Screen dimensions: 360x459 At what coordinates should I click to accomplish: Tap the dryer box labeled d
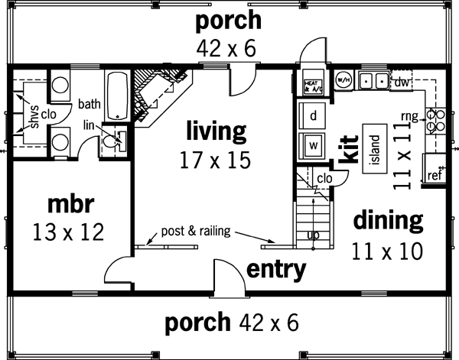[x=314, y=115]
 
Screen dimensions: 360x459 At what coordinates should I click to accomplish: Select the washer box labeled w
[x=314, y=144]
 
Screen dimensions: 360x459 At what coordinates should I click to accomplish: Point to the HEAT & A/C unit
[x=312, y=84]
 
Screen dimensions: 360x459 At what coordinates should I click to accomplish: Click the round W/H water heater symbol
[x=342, y=78]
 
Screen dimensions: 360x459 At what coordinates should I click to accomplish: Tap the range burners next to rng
[x=435, y=119]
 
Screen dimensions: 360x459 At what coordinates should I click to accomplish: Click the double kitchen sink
[x=373, y=79]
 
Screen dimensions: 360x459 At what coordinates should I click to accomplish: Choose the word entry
[x=276, y=269]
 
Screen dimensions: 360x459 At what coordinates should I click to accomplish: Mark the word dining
[x=388, y=222]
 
